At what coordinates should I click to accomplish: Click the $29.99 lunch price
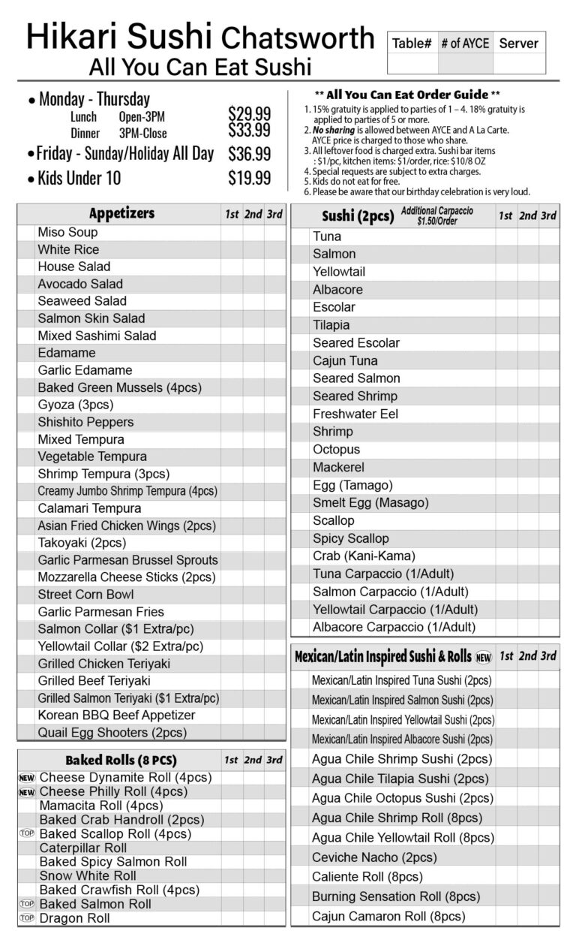(x=249, y=114)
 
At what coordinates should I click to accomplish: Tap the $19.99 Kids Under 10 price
(x=249, y=178)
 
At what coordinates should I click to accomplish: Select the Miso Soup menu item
(x=67, y=232)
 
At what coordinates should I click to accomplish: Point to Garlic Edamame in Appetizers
(x=85, y=370)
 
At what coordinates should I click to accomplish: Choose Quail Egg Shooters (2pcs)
(x=112, y=733)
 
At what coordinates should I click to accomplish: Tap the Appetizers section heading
(x=121, y=213)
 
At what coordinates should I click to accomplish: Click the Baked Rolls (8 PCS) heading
(x=121, y=760)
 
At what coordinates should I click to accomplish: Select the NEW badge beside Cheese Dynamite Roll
(x=27, y=778)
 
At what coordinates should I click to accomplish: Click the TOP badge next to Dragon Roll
(x=27, y=918)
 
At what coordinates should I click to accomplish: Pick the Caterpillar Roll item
(x=83, y=848)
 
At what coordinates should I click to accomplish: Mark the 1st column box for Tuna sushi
(x=505, y=236)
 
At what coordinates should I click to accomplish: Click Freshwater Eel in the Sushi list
(x=355, y=414)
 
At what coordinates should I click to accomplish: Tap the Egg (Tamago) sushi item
(x=352, y=485)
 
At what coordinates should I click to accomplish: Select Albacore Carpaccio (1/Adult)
(x=394, y=627)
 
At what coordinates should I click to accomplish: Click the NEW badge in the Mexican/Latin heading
(x=484, y=657)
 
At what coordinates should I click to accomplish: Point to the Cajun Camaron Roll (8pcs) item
(x=388, y=916)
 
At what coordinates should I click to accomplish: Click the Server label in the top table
(x=518, y=44)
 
